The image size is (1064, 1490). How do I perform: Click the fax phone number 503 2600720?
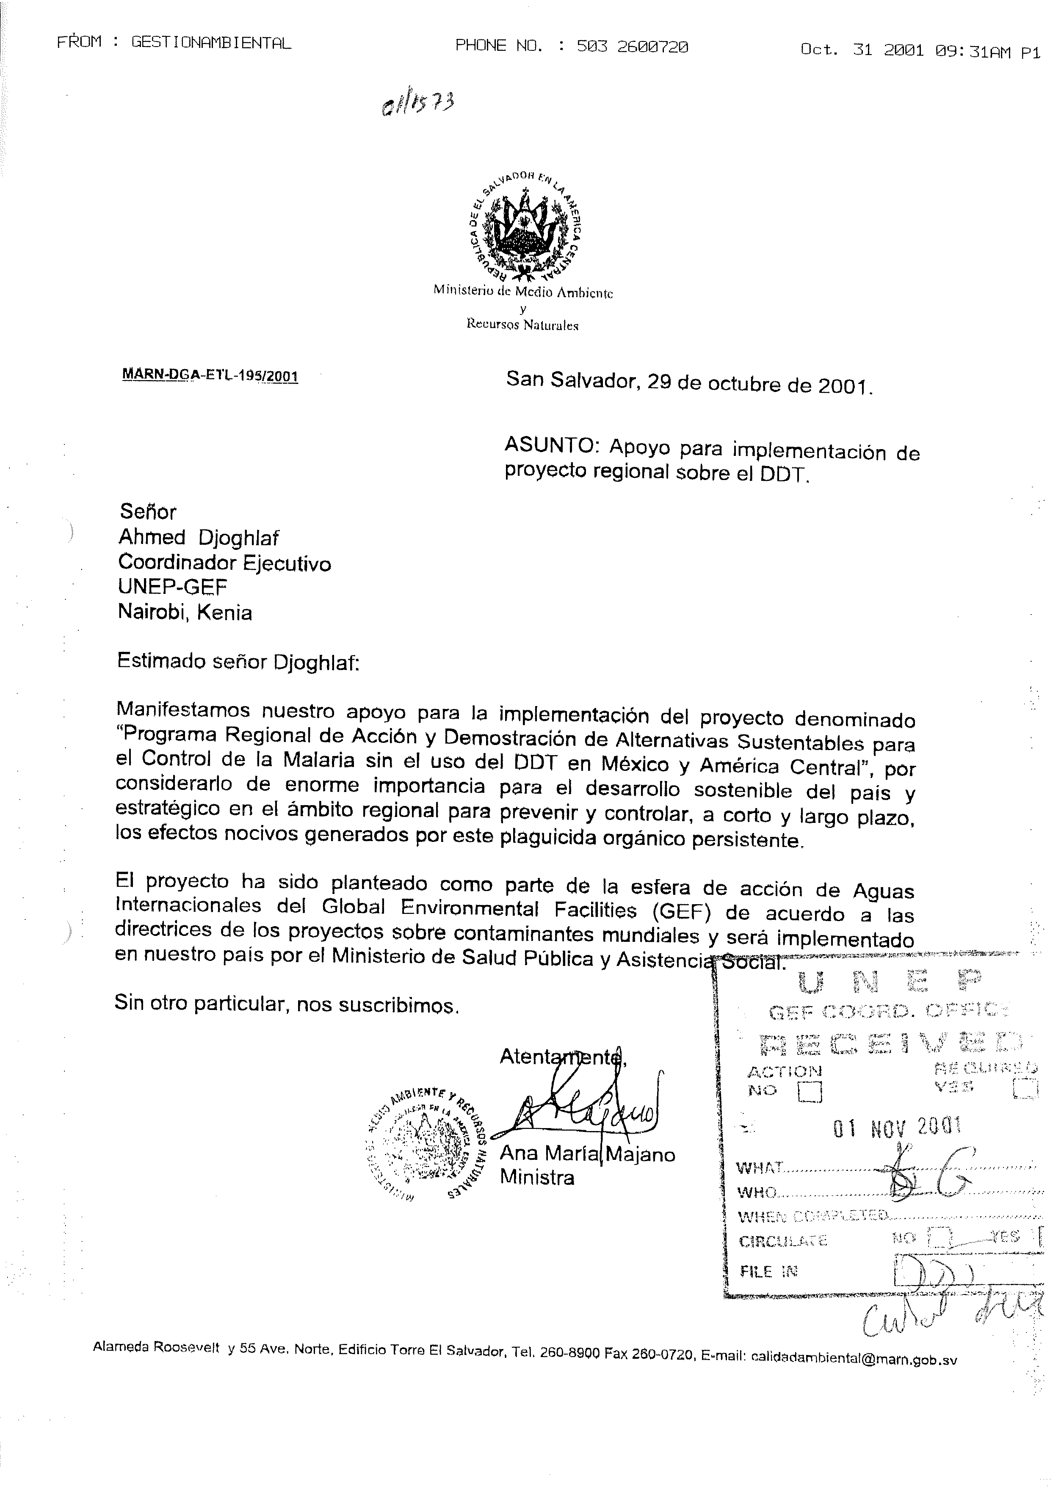coord(632,46)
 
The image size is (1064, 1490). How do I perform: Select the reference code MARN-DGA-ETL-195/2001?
coord(210,376)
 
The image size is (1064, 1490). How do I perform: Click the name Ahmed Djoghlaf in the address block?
coord(199,538)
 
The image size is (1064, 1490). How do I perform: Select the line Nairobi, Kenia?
coord(185,613)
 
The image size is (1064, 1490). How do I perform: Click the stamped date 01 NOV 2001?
coord(897,1126)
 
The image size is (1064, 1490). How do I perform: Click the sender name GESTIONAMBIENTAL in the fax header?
coord(211,43)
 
